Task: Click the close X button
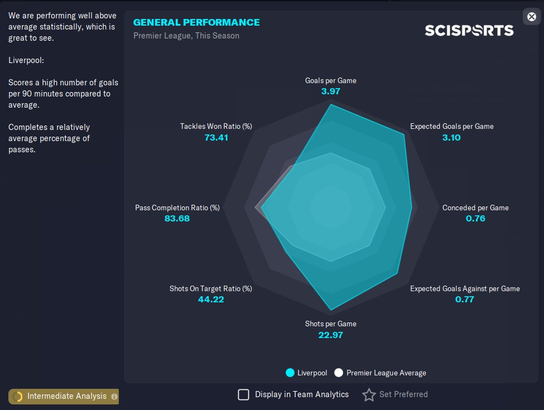pyautogui.click(x=532, y=17)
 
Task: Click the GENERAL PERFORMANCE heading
pyautogui.click(x=196, y=22)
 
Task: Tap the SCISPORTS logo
pyautogui.click(x=469, y=30)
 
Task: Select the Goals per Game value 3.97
pyautogui.click(x=331, y=91)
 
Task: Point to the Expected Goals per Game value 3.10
pyautogui.click(x=451, y=137)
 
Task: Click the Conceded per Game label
pyautogui.click(x=475, y=208)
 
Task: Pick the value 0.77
pyautogui.click(x=465, y=300)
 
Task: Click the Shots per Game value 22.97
pyautogui.click(x=331, y=335)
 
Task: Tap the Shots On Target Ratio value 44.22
pyautogui.click(x=210, y=300)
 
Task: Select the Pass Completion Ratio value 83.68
pyautogui.click(x=177, y=219)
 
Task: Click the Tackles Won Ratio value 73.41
pyautogui.click(x=216, y=137)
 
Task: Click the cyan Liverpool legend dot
pyautogui.click(x=290, y=373)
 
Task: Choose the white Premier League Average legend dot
pyautogui.click(x=339, y=373)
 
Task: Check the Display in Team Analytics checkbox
pyautogui.click(x=243, y=395)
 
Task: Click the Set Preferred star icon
pyautogui.click(x=369, y=395)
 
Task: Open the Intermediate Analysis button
pyautogui.click(x=63, y=396)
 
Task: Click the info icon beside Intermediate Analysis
pyautogui.click(x=114, y=397)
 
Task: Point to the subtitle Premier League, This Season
pyautogui.click(x=186, y=36)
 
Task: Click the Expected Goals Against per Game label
pyautogui.click(x=465, y=288)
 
